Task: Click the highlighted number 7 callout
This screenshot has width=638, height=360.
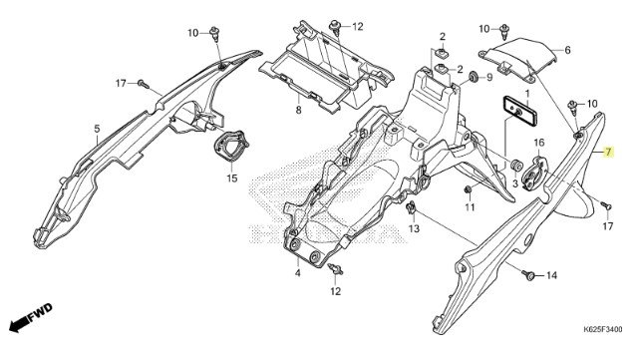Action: pyautogui.click(x=608, y=153)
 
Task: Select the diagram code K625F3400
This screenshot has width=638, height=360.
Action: pyautogui.click(x=602, y=329)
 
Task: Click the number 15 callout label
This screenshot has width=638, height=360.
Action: pyautogui.click(x=232, y=179)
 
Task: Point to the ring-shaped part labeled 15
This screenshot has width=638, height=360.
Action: pyautogui.click(x=230, y=145)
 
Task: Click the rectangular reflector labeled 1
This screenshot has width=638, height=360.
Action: pyautogui.click(x=519, y=110)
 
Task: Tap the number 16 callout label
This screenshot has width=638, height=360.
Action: pyautogui.click(x=538, y=143)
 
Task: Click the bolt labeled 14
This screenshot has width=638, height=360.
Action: pyautogui.click(x=528, y=275)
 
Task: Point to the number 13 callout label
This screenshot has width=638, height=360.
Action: pyautogui.click(x=414, y=229)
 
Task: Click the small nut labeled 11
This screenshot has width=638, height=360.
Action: pyautogui.click(x=468, y=189)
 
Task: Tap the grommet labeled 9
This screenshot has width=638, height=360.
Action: pyautogui.click(x=475, y=76)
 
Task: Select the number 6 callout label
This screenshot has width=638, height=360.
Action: pyautogui.click(x=567, y=50)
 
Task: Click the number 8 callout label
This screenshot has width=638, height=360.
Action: pyautogui.click(x=298, y=110)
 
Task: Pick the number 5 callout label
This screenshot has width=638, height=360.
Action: pyautogui.click(x=97, y=129)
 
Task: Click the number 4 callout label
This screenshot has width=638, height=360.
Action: pyautogui.click(x=298, y=273)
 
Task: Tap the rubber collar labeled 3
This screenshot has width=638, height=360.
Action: pyautogui.click(x=516, y=167)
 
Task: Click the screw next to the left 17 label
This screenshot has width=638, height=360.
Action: pyautogui.click(x=144, y=85)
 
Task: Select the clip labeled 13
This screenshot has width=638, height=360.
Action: pyautogui.click(x=411, y=208)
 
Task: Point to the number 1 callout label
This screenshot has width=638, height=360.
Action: pyautogui.click(x=527, y=93)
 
